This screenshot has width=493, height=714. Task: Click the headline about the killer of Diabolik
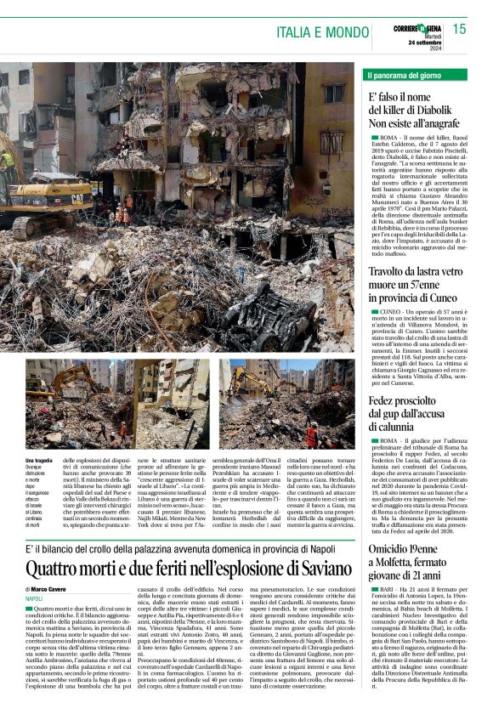[414, 111]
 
